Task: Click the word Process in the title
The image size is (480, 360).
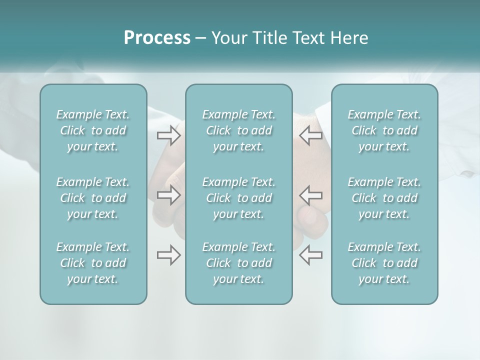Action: [x=157, y=38]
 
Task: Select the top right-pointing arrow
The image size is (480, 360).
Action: [x=169, y=135]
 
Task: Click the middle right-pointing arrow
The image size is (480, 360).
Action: [x=169, y=195]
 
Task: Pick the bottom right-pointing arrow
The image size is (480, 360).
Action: [x=169, y=255]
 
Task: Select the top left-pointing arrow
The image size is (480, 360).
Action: [x=311, y=135]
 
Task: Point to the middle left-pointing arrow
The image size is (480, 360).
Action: [x=311, y=195]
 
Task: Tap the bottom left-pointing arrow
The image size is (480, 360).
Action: [x=311, y=255]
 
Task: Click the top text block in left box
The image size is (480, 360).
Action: [x=93, y=130]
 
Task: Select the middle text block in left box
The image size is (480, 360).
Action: [x=93, y=198]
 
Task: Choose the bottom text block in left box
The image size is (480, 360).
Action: [x=93, y=263]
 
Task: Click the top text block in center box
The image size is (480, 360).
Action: [x=239, y=130]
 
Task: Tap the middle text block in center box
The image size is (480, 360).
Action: [x=239, y=198]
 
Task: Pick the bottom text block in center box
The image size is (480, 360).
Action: [x=239, y=263]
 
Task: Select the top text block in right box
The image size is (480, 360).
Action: [x=384, y=130]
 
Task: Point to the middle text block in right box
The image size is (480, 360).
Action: [x=384, y=198]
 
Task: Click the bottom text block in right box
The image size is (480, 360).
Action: [x=384, y=263]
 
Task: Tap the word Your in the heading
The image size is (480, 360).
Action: [x=227, y=38]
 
